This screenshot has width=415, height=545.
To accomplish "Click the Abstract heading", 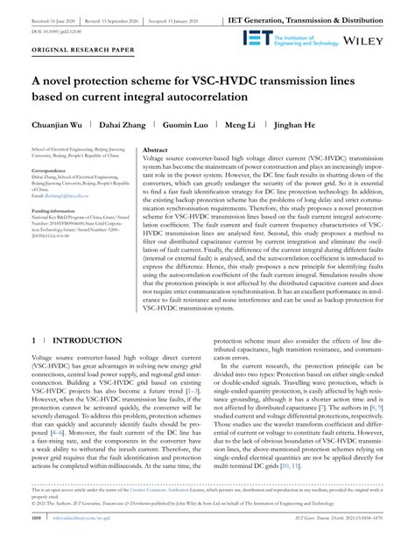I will [x=156, y=150].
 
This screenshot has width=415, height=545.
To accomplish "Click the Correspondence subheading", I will [x=52, y=170].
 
